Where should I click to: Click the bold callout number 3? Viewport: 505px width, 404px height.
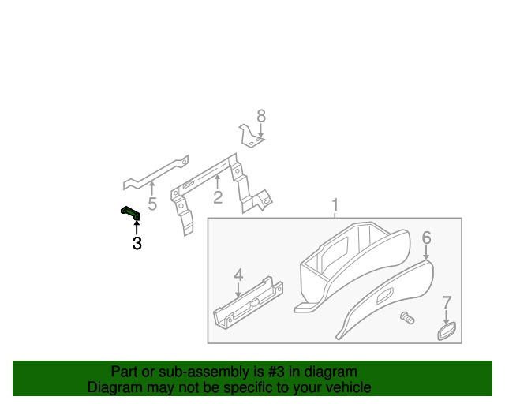pyautogui.click(x=137, y=243)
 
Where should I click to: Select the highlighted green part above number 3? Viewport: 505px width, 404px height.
pyautogui.click(x=130, y=213)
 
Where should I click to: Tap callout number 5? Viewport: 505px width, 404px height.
pyautogui.click(x=152, y=204)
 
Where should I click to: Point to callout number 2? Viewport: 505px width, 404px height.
pyautogui.click(x=218, y=197)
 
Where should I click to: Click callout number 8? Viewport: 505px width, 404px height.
pyautogui.click(x=261, y=116)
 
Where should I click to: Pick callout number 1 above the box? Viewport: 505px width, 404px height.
pyautogui.click(x=335, y=205)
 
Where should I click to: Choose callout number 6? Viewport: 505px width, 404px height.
pyautogui.click(x=426, y=238)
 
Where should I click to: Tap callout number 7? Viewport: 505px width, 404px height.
pyautogui.click(x=447, y=303)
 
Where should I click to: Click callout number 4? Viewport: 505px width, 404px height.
pyautogui.click(x=238, y=275)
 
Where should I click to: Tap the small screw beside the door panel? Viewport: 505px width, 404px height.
pyautogui.click(x=407, y=318)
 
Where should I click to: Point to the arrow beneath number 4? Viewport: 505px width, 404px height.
pyautogui.click(x=238, y=290)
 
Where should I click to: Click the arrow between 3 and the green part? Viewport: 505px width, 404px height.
pyautogui.click(x=137, y=226)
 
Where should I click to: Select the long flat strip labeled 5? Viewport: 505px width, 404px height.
pyautogui.click(x=155, y=174)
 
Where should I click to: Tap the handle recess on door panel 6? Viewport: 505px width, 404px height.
pyautogui.click(x=385, y=296)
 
